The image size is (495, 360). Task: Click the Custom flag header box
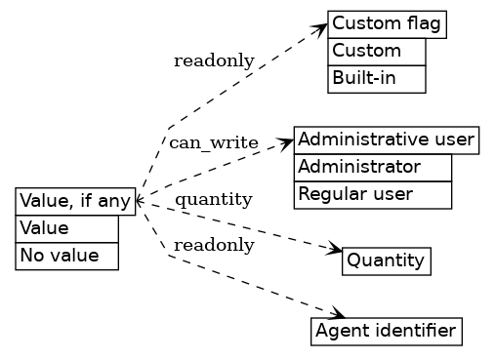388,24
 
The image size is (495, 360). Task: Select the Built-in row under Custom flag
377,78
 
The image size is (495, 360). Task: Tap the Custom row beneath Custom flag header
377,52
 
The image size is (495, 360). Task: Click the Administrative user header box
386,140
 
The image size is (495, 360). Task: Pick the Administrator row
372,167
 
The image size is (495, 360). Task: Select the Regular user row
372,194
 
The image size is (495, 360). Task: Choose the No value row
66,256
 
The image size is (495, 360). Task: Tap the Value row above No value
66,228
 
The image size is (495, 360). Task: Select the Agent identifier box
386,332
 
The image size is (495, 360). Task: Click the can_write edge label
213,143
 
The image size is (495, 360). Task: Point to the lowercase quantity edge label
213,200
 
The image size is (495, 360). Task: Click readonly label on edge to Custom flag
214,61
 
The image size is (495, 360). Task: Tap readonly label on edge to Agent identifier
213,246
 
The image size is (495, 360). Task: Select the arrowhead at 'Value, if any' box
140,200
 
